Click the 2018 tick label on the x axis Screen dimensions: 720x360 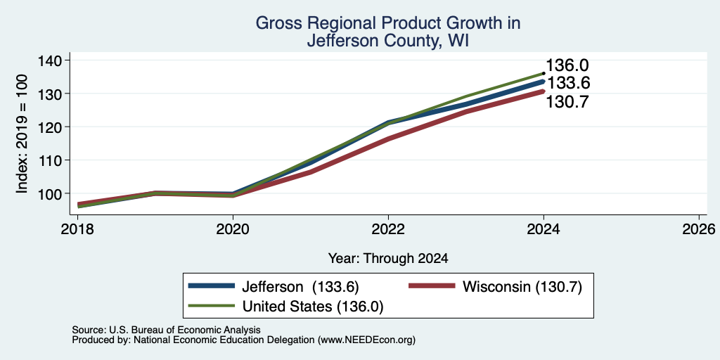tap(77, 229)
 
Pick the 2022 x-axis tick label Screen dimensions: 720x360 tap(388, 229)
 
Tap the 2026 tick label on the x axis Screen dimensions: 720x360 tap(699, 229)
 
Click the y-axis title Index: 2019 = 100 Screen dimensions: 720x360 tap(22, 134)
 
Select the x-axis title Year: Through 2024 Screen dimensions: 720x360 tap(388, 259)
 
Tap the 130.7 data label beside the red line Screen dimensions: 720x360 tap(567, 101)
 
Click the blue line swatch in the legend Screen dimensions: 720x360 tap(212, 286)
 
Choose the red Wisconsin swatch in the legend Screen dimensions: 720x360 tap(432, 286)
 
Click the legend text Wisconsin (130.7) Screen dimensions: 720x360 tap(522, 287)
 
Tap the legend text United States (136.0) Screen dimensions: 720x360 tap(313, 307)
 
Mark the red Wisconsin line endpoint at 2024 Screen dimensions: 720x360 tap(544, 91)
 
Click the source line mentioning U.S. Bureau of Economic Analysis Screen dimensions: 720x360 tap(166, 330)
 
